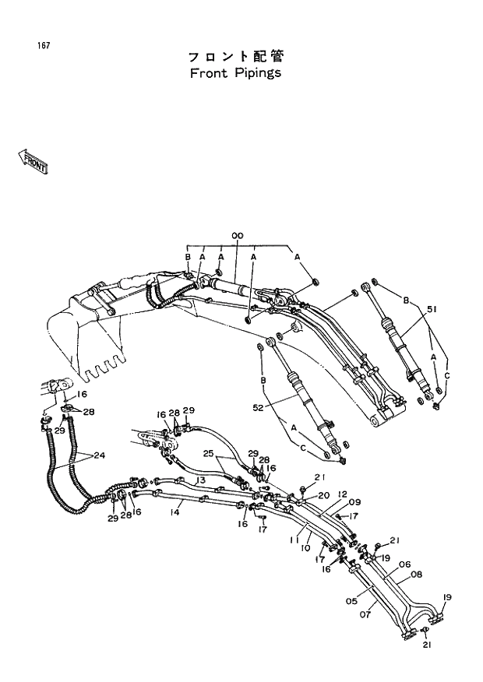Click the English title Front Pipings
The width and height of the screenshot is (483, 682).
(234, 73)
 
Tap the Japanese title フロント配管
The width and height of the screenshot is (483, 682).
(235, 56)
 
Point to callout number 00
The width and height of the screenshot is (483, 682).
(237, 236)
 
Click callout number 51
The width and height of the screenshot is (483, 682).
(432, 309)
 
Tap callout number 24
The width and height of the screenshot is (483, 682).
(100, 455)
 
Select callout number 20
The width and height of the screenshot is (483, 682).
(323, 494)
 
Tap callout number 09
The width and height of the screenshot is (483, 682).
(354, 502)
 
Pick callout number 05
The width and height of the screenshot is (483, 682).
(351, 600)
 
